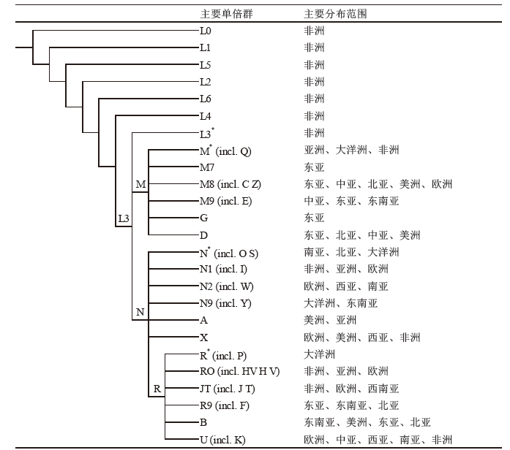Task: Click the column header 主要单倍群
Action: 226,14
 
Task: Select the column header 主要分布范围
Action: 335,14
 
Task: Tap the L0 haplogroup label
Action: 206,31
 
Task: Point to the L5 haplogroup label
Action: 206,65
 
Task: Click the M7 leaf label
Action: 207,167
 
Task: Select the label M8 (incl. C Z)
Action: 230,184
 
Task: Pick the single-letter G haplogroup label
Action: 204,218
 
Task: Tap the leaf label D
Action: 204,235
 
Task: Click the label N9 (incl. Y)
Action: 225,303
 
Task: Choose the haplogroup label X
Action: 204,337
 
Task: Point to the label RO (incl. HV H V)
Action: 240,371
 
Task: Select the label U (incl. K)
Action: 222,440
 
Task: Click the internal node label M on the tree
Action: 140,184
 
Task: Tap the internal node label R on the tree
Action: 157,389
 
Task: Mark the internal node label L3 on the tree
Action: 124,218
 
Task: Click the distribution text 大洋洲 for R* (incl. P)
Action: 319,354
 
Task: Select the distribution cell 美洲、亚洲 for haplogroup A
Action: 330,321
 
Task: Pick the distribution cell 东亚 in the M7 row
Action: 314,167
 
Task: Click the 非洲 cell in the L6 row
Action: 314,99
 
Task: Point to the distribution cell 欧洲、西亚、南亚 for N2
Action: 346,286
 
